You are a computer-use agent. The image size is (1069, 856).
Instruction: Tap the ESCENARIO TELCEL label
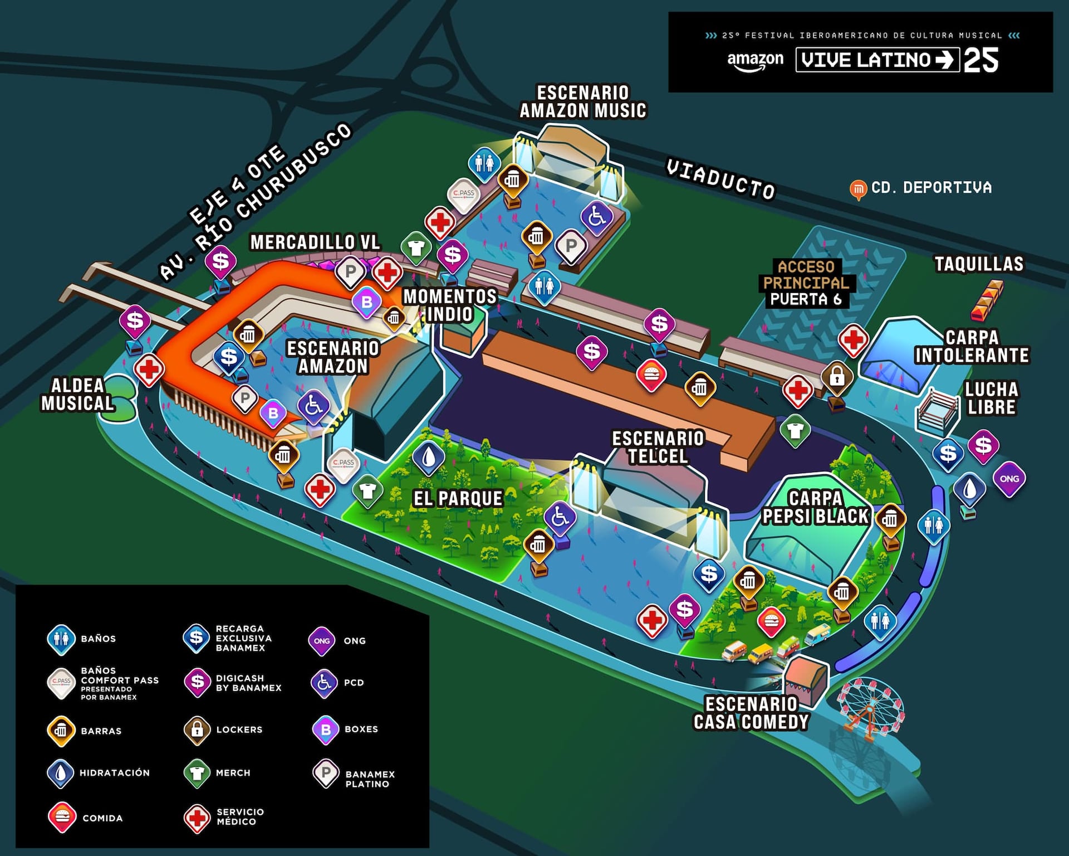coord(658,448)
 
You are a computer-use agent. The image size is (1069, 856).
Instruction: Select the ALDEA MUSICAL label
coord(77,395)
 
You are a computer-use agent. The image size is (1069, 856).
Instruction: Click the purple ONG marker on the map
coord(1009,479)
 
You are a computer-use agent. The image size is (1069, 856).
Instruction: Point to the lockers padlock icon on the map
coord(837,377)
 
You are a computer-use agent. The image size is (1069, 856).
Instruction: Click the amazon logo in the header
coord(755,60)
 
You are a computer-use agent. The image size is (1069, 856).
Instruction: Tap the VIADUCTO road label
coord(720,179)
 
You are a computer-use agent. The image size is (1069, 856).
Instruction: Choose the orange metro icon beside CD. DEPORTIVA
coord(858,189)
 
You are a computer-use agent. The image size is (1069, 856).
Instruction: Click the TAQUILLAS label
coord(979,264)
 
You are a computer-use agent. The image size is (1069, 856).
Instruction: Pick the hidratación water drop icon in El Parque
coord(428,458)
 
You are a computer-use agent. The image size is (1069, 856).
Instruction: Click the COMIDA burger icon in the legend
coord(62,817)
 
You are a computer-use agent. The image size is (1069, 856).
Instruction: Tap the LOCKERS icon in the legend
coord(197,729)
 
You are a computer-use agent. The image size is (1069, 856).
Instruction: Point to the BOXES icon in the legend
coord(326,729)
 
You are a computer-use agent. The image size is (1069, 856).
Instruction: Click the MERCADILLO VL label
coord(315,242)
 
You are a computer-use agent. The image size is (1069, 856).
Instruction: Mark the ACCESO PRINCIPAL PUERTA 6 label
coord(806,283)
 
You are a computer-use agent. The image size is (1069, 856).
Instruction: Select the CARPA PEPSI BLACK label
coord(815,508)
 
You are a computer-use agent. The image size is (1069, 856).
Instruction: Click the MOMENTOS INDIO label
coord(450,305)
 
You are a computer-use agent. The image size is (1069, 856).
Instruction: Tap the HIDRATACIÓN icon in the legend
coord(61,773)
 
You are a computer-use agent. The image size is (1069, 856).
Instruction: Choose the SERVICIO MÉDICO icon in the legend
coord(197,818)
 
